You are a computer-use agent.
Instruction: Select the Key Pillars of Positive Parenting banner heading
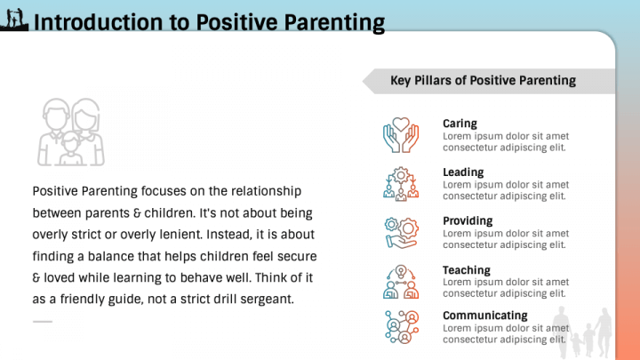(x=483, y=81)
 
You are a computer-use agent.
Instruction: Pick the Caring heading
(x=460, y=124)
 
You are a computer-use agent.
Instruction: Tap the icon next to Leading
(x=400, y=183)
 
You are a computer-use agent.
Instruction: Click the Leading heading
(x=463, y=172)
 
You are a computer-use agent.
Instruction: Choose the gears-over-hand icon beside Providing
(x=400, y=232)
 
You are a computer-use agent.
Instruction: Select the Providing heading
(x=468, y=221)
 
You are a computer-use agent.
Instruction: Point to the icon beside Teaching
(x=400, y=281)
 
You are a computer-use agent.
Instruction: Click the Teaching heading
(x=466, y=270)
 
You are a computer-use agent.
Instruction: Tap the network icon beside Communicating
(x=400, y=326)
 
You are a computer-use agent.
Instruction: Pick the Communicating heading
(x=484, y=316)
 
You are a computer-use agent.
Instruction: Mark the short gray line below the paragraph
(x=43, y=322)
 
